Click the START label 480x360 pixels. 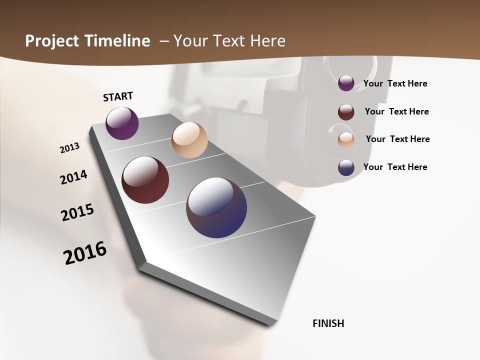(118, 96)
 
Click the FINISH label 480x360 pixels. (328, 323)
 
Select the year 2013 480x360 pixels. (69, 148)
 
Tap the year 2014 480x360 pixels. (73, 177)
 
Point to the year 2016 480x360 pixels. (85, 253)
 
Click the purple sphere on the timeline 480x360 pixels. (122, 123)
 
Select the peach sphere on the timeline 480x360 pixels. (189, 140)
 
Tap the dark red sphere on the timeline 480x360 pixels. (145, 180)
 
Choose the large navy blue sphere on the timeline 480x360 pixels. (216, 207)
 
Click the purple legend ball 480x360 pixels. (346, 83)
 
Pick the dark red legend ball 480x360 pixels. (346, 112)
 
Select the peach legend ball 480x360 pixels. (346, 139)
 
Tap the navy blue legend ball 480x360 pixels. (346, 167)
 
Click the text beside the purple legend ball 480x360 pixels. (395, 83)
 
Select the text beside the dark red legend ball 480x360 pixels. (396, 111)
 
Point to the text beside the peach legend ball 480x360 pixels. (397, 139)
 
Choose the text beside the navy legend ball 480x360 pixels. (395, 167)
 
